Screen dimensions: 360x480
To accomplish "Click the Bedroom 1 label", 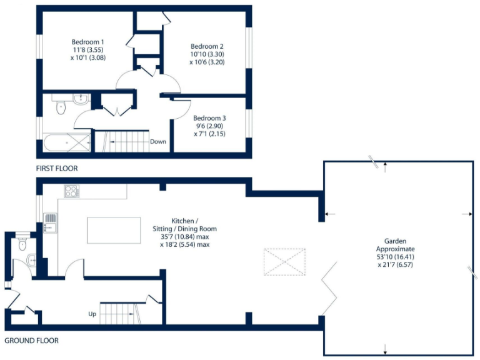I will [x=84, y=42].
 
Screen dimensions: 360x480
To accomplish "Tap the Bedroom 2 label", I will [x=207, y=46].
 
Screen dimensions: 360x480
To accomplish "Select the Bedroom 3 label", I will [x=209, y=118].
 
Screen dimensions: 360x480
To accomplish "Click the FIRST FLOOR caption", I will [x=57, y=169].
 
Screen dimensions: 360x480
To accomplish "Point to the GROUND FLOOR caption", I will [x=32, y=341].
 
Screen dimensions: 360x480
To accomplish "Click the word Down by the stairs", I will [x=158, y=141].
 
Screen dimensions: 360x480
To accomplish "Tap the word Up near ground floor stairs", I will [x=92, y=314].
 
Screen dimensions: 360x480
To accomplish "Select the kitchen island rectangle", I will [x=114, y=230].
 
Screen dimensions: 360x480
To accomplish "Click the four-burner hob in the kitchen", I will [x=71, y=191].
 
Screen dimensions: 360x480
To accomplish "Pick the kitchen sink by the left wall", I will [x=51, y=221].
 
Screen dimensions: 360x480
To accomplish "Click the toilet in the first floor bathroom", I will [x=61, y=109].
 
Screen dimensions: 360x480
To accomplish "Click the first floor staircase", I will [x=125, y=141].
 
